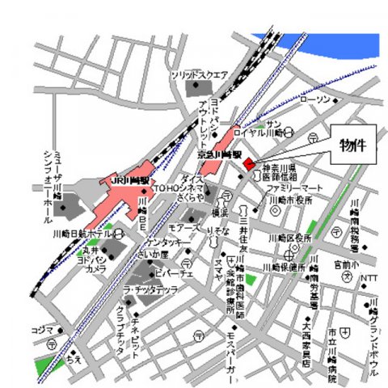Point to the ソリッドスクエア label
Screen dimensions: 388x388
point(199,74)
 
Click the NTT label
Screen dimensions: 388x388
point(369,278)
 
